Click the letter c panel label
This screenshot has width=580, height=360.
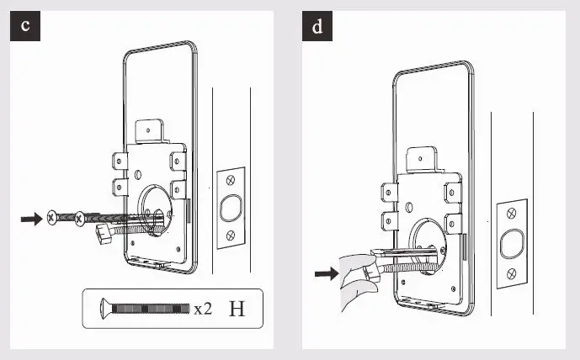tap(26, 26)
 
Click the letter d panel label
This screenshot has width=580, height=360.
tap(317, 26)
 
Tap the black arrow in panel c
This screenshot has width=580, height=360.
tap(32, 219)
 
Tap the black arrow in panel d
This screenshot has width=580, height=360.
tap(324, 273)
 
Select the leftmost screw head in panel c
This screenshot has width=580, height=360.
tap(53, 217)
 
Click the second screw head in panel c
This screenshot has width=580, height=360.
tap(80, 219)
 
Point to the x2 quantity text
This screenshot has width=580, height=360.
tap(203, 309)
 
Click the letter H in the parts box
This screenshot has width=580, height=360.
tap(237, 308)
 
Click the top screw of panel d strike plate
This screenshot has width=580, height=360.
tap(510, 215)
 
